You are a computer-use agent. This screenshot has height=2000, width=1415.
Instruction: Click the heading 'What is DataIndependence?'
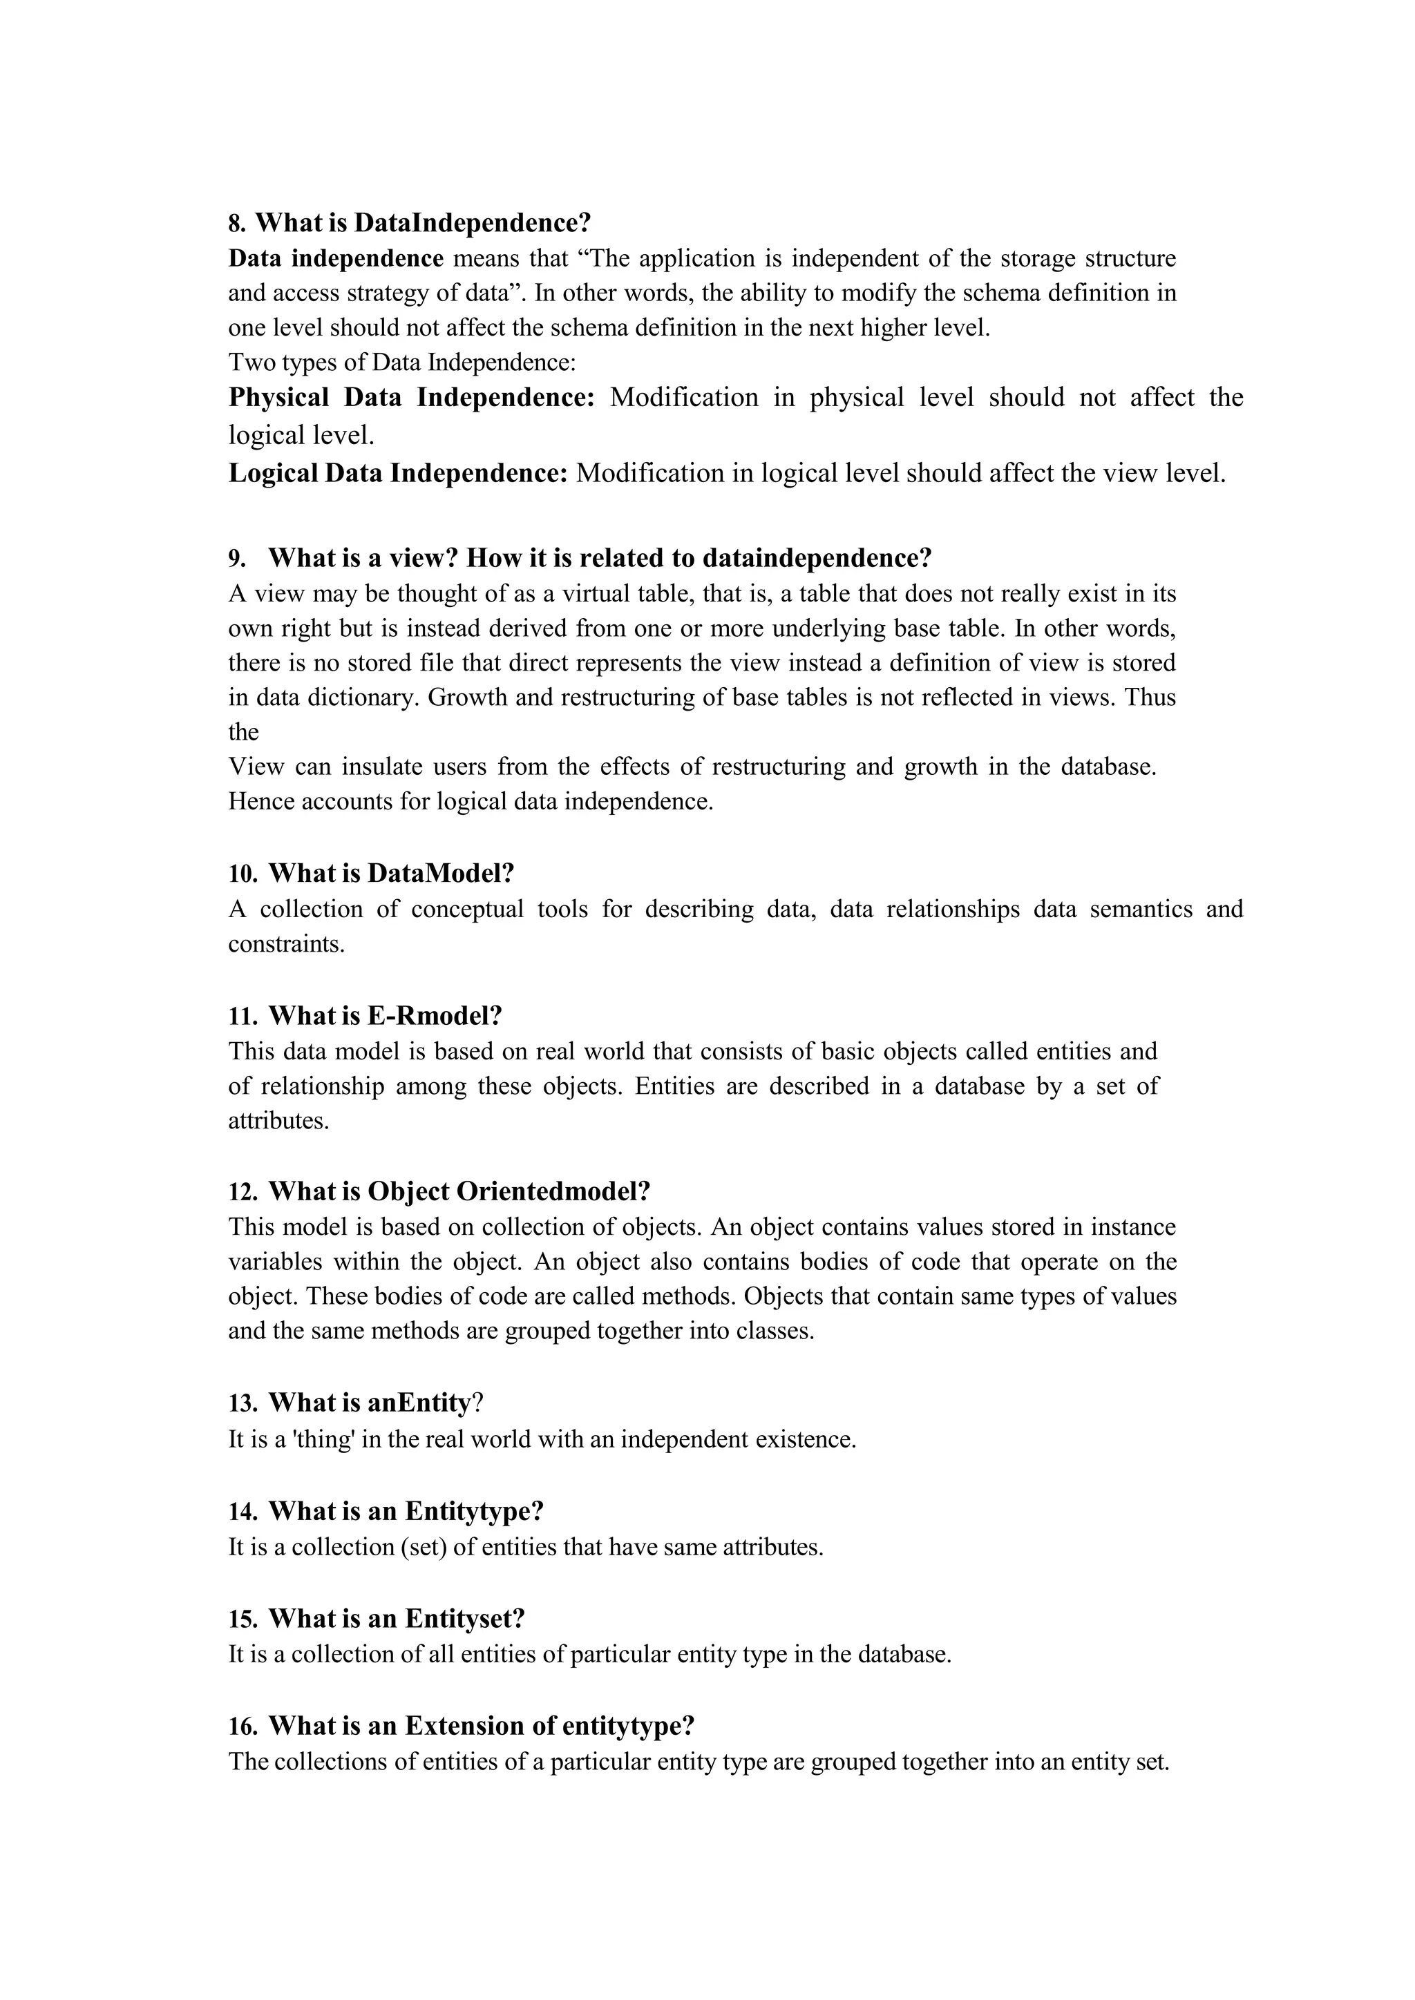pos(423,223)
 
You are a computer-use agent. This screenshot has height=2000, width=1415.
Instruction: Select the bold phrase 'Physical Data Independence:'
pos(411,397)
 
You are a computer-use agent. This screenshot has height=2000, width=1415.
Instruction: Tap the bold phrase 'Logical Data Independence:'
pos(398,473)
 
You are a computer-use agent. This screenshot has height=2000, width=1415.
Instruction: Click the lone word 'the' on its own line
pos(243,733)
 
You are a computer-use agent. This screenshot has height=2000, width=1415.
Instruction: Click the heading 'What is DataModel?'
pos(391,873)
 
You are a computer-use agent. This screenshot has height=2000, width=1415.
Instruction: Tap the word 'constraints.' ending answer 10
pos(286,944)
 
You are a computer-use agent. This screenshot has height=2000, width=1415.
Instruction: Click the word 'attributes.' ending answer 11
pos(279,1121)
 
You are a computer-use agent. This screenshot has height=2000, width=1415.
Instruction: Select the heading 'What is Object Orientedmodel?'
pos(459,1191)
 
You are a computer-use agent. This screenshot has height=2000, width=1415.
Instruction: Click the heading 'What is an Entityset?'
pos(397,1619)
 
